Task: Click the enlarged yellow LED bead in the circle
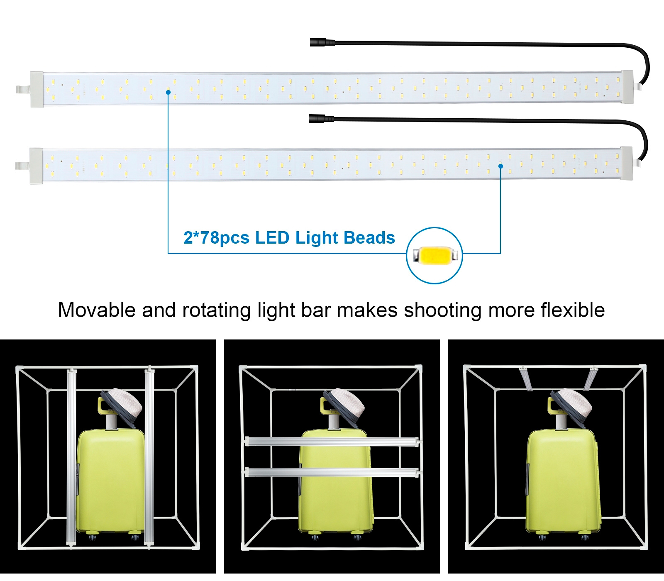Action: pos(434,255)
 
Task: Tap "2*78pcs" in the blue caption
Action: pos(216,238)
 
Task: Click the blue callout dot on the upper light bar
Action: pos(168,92)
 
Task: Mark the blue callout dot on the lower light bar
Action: pos(500,166)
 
